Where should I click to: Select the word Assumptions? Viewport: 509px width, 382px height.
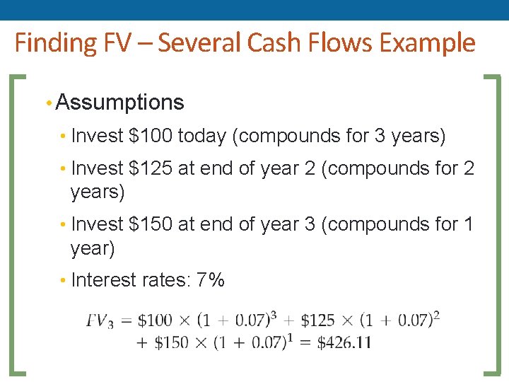click(x=119, y=103)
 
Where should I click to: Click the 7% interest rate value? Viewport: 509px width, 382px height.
click(x=211, y=280)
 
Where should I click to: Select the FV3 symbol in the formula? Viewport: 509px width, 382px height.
click(x=100, y=321)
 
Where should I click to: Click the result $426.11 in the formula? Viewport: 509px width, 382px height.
click(x=344, y=343)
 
